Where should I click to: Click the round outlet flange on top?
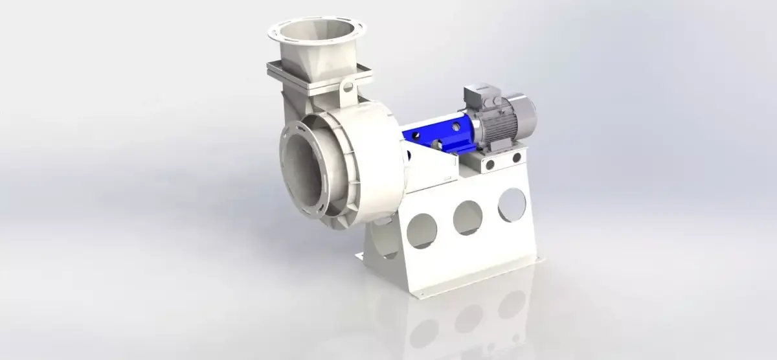point(317,25)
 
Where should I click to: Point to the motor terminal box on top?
point(476,96)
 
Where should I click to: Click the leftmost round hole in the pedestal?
point(425,230)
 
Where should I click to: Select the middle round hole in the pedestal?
point(467,216)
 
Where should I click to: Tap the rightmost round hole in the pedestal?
point(512,203)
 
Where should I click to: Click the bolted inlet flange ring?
point(287,168)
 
